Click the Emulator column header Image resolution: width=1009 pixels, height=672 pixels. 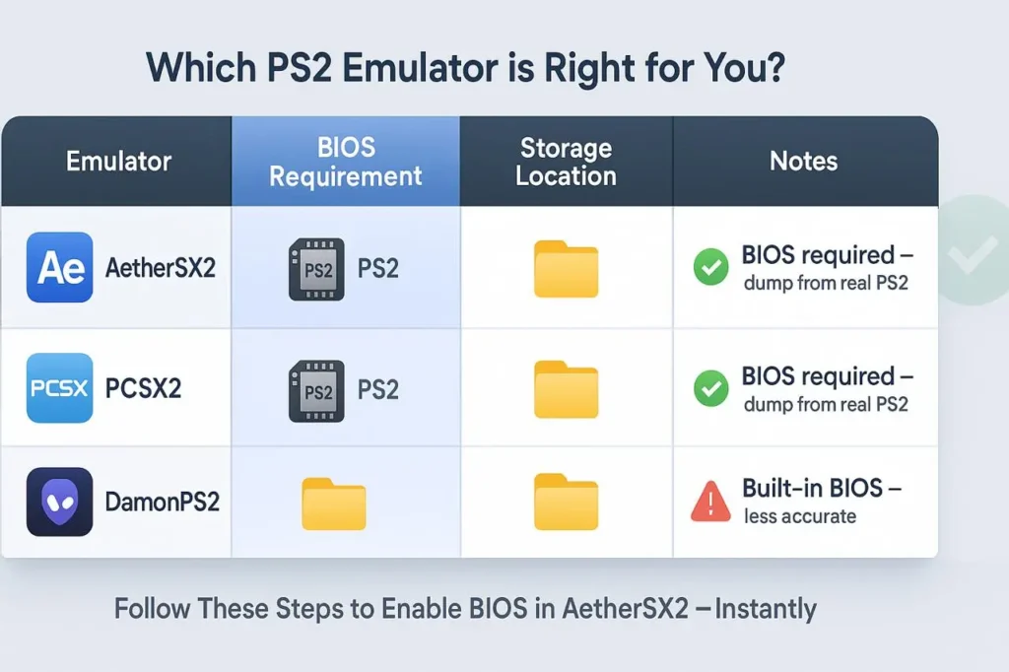click(x=118, y=162)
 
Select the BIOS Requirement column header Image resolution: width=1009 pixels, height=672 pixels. click(x=346, y=162)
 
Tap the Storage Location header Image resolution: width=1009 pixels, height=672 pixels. click(x=566, y=162)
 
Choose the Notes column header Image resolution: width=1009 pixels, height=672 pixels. click(x=804, y=162)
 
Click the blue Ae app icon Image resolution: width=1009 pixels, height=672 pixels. click(x=61, y=267)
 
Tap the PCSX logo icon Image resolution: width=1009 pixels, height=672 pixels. click(x=61, y=388)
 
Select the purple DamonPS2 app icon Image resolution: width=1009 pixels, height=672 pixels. click(x=59, y=502)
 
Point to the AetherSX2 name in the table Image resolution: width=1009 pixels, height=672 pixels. click(x=160, y=267)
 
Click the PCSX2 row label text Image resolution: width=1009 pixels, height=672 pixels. click(x=143, y=388)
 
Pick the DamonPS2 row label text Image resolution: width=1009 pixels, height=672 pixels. click(x=162, y=502)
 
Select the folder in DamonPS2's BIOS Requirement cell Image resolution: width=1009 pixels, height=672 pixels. click(x=333, y=504)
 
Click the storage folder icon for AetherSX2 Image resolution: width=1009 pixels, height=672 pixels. click(x=566, y=269)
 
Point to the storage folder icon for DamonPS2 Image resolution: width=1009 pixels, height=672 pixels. click(x=566, y=503)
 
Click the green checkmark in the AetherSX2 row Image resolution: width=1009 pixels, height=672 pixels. click(x=711, y=268)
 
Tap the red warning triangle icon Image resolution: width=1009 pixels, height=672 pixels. click(x=710, y=502)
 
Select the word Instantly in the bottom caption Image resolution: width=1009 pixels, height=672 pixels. click(x=766, y=608)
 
